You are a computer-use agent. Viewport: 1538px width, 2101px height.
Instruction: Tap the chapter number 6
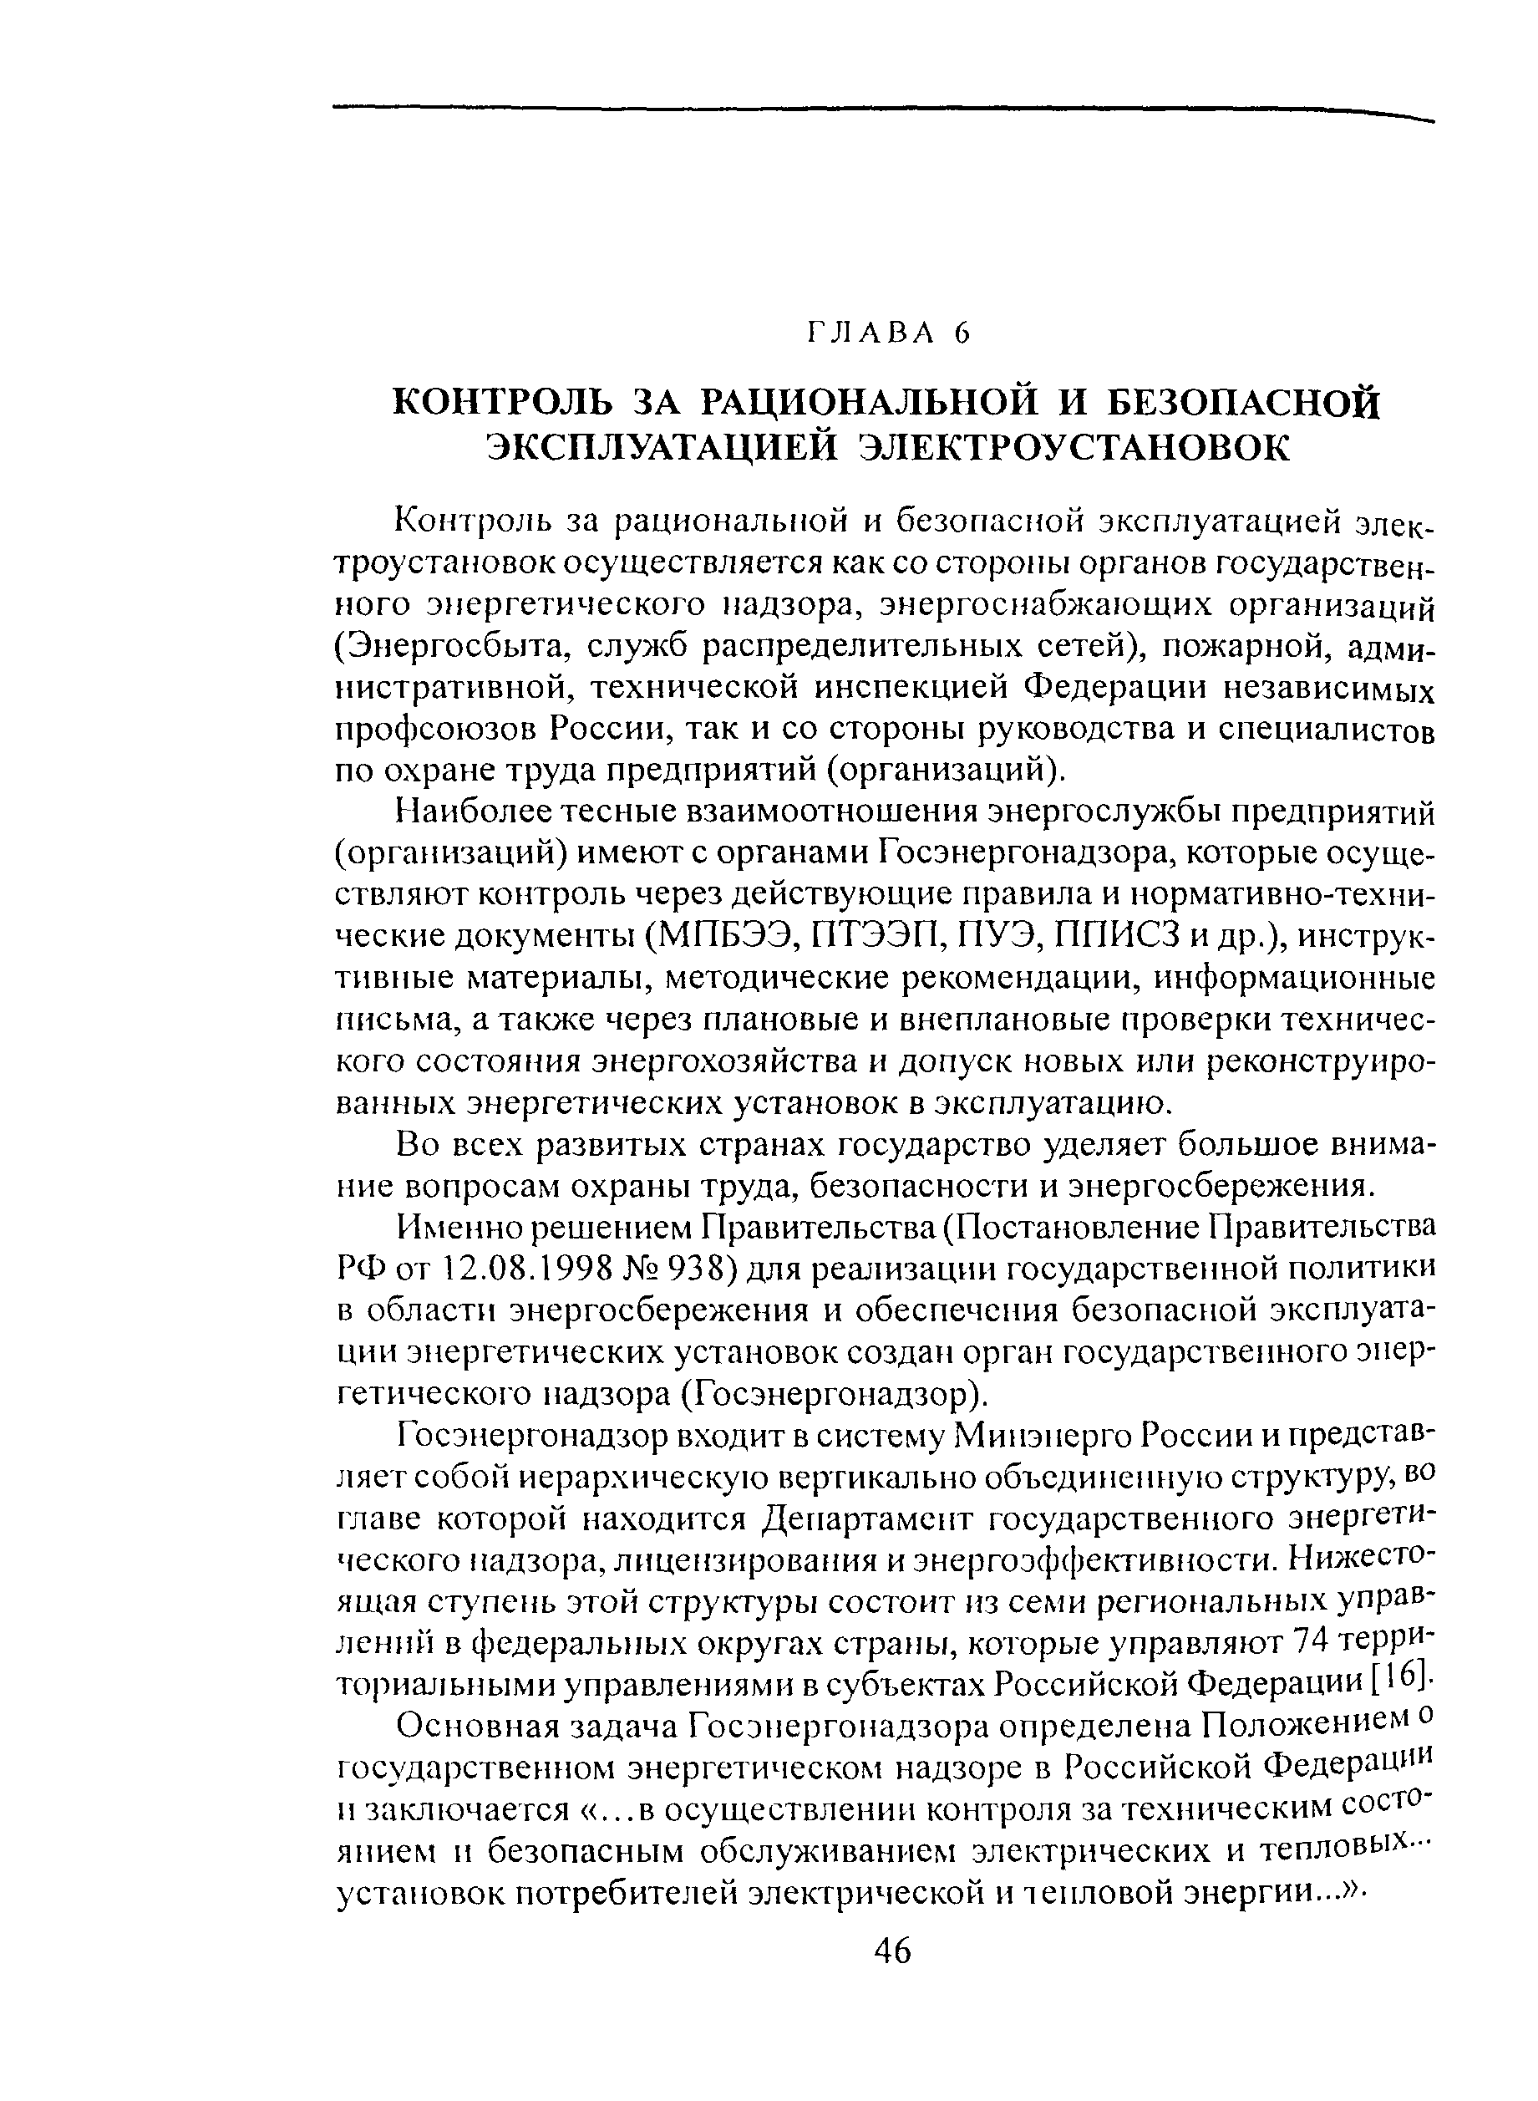[962, 333]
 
